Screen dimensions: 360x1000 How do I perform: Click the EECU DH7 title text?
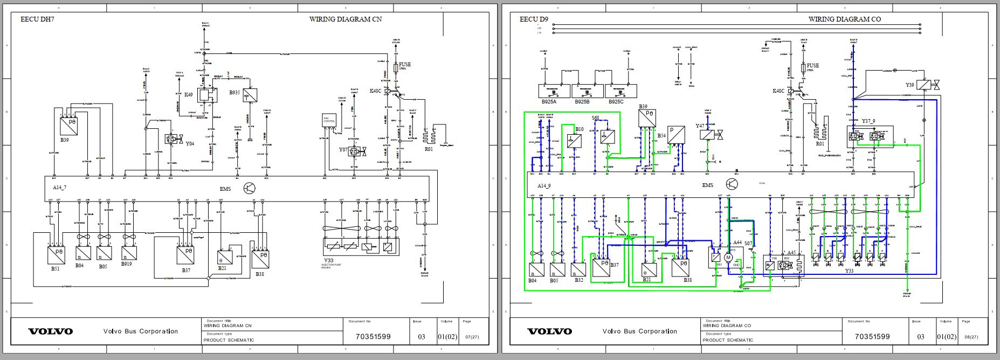pyautogui.click(x=37, y=19)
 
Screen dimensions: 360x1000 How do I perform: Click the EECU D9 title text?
pyautogui.click(x=533, y=19)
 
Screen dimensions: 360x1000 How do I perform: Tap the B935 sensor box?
pyautogui.click(x=250, y=95)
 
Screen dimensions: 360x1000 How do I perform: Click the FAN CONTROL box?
pyautogui.click(x=329, y=121)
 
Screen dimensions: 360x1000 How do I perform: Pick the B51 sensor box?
pyautogui.click(x=55, y=254)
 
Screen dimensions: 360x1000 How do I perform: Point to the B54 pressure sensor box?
pyautogui.click(x=676, y=135)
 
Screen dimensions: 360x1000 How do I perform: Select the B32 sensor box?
pyautogui.click(x=578, y=269)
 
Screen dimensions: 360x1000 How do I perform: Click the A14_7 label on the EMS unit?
pyautogui.click(x=60, y=187)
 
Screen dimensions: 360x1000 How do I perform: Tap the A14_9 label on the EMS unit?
pyautogui.click(x=544, y=185)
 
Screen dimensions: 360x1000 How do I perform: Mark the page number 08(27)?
pyautogui.click(x=971, y=337)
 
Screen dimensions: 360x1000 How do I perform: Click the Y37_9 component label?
pyautogui.click(x=868, y=122)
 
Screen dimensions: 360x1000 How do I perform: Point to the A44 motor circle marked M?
pyautogui.click(x=728, y=258)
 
